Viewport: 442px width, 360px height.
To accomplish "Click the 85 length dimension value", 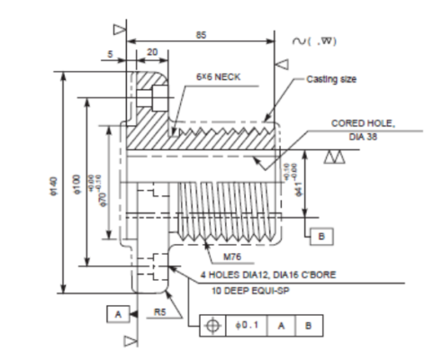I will (202, 34).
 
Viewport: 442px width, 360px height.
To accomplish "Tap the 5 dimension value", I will (110, 52).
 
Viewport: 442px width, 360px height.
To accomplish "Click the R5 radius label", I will (158, 310).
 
